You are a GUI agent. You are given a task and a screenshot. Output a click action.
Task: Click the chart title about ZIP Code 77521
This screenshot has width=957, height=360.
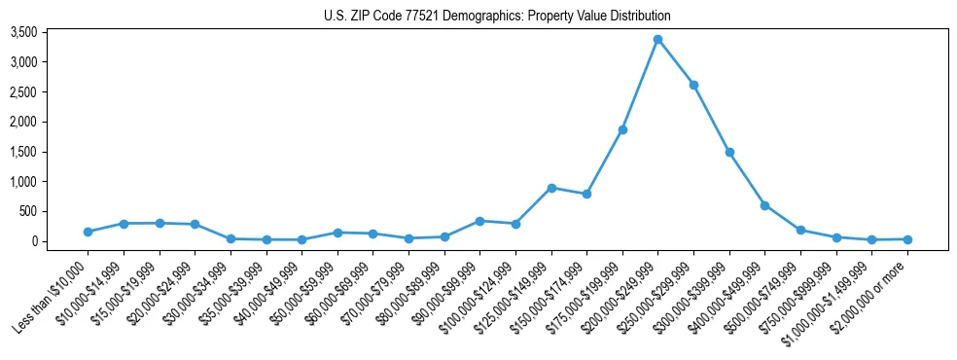[x=497, y=16]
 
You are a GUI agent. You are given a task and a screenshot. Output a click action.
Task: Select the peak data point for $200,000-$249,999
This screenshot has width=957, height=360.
[x=657, y=39]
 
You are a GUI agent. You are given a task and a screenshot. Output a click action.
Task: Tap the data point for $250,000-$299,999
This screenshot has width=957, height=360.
[x=693, y=85]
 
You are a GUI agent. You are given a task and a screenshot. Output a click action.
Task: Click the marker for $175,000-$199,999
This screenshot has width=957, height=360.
[x=622, y=129]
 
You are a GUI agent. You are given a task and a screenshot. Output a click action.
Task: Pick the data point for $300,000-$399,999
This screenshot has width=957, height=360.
[x=729, y=152]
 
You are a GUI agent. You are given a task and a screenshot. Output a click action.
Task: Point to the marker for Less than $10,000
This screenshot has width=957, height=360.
[x=88, y=232]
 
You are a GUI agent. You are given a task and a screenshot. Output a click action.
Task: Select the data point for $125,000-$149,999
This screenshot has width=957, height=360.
[x=551, y=188]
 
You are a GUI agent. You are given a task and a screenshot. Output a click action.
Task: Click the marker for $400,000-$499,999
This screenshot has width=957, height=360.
[x=764, y=205]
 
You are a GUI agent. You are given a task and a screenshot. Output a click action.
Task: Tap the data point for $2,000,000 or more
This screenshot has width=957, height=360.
[x=907, y=239]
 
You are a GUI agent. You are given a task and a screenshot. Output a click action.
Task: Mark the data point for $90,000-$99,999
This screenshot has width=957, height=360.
[x=479, y=221]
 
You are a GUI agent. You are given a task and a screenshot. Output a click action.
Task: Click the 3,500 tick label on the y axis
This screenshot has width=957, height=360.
[x=51, y=32]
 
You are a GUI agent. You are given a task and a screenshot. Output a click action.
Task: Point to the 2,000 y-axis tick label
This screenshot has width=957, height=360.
[x=51, y=122]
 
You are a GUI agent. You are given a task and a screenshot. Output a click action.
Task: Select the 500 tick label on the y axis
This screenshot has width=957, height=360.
[x=55, y=211]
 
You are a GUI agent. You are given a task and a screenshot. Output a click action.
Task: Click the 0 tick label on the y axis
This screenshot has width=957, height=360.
[x=60, y=241]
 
